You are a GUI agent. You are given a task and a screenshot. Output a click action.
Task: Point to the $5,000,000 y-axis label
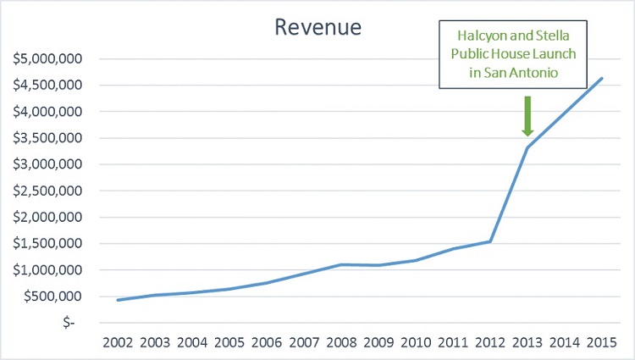[x=50, y=59]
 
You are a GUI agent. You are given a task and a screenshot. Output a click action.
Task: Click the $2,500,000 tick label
[x=50, y=191]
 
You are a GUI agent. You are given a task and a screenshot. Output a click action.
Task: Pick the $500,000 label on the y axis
[x=55, y=296]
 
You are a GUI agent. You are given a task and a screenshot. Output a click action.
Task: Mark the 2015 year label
[x=600, y=345]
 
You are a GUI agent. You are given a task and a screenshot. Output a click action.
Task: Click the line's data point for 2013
[x=527, y=148]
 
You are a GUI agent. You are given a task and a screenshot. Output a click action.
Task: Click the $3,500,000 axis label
[x=50, y=138]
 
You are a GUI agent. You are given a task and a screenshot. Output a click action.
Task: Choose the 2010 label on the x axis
[x=416, y=345]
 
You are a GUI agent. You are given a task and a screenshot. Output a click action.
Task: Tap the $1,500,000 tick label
[x=50, y=244]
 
